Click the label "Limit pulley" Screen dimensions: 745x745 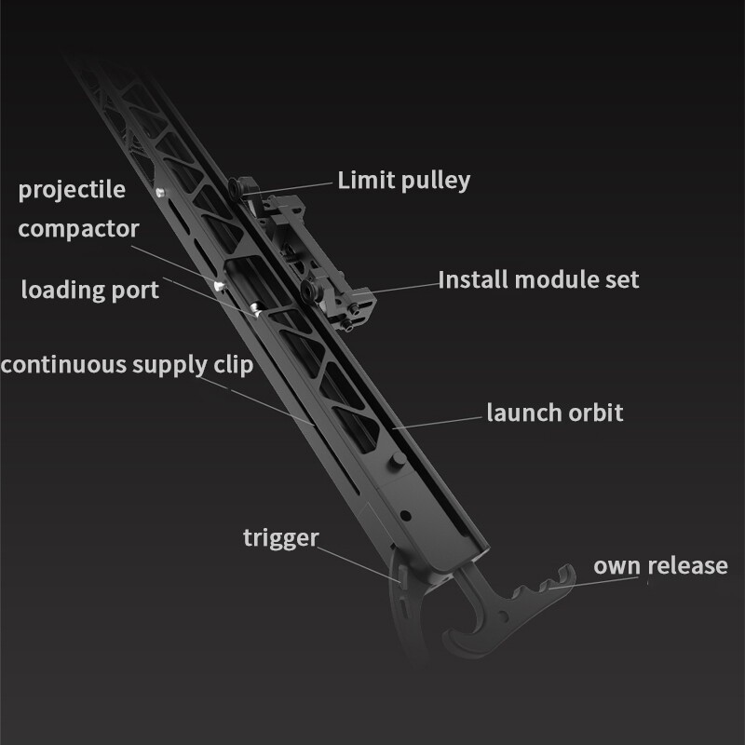click(x=404, y=181)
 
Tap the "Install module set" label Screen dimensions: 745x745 click(x=538, y=279)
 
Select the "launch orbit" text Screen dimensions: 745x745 click(x=554, y=413)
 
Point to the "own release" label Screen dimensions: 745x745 click(x=660, y=566)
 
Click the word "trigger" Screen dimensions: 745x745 click(x=281, y=538)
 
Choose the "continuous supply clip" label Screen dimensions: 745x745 click(x=127, y=365)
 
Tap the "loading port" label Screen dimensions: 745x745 click(x=89, y=290)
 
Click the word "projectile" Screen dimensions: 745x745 click(x=72, y=190)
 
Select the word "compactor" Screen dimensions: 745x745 click(x=78, y=229)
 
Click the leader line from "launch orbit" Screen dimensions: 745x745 click(x=437, y=423)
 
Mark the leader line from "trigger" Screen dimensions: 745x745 click(x=359, y=564)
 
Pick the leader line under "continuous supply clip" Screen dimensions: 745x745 click(x=257, y=401)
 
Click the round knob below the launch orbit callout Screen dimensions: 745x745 click(x=398, y=459)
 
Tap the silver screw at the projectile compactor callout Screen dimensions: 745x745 click(x=219, y=286)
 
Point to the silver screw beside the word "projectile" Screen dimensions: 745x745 click(x=160, y=193)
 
